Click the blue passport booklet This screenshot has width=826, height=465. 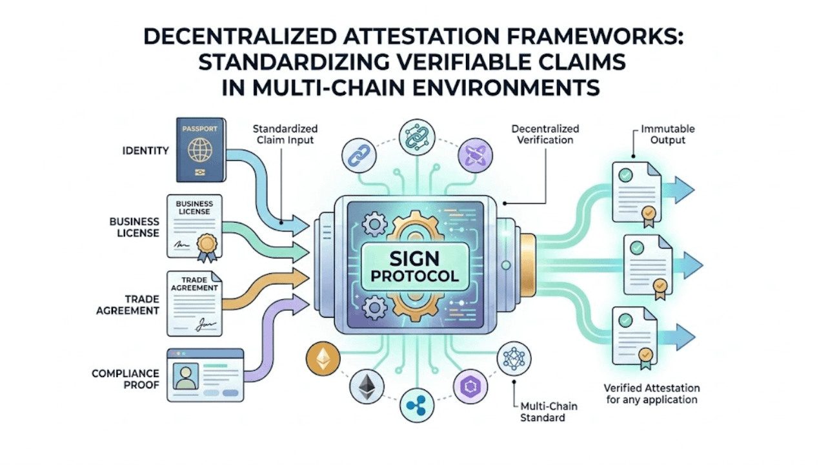tap(200, 150)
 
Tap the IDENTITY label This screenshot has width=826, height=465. tap(145, 150)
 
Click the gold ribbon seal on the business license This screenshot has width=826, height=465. tap(208, 246)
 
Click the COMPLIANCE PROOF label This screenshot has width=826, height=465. tap(125, 379)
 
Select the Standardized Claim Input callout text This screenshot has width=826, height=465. tap(285, 134)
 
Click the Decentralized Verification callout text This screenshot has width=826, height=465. tap(545, 134)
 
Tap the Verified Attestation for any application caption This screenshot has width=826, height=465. tap(650, 393)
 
